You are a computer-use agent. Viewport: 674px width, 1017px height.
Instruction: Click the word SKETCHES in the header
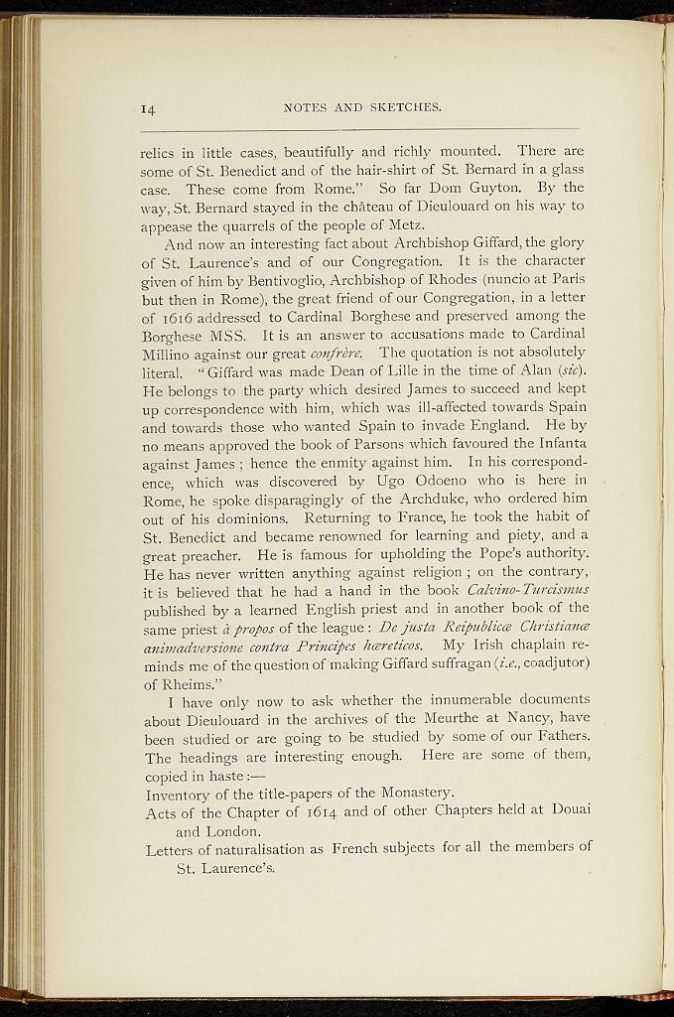[405, 107]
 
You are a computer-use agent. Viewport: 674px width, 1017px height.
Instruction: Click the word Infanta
[557, 444]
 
